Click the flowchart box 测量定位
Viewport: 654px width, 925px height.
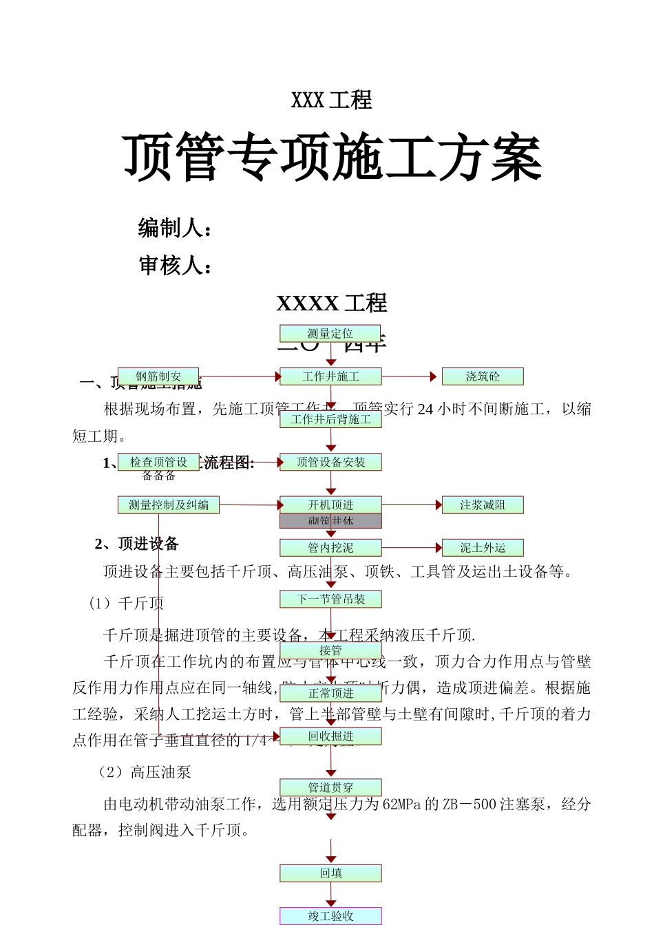point(330,334)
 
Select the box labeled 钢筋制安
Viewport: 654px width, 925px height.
point(158,376)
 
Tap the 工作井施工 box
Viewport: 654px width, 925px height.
point(330,376)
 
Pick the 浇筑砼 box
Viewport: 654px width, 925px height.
point(483,376)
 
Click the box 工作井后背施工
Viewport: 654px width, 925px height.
point(330,419)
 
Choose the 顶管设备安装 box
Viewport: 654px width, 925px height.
point(330,462)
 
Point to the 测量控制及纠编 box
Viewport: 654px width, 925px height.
point(169,505)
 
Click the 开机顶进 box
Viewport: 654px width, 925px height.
point(330,505)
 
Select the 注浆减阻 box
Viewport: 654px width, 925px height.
point(483,505)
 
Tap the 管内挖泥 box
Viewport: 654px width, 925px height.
point(330,548)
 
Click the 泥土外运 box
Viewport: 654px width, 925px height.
point(483,548)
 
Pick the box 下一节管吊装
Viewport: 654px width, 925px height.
point(330,599)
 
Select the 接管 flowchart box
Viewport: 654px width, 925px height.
point(330,650)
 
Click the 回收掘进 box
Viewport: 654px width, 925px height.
point(330,736)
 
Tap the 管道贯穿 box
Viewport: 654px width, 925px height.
point(330,787)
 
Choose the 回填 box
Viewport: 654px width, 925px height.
point(330,873)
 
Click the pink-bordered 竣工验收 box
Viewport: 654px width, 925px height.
point(330,916)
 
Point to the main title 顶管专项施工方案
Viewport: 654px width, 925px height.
point(333,159)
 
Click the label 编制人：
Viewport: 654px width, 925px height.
point(175,228)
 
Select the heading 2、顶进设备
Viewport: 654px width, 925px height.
point(137,544)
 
